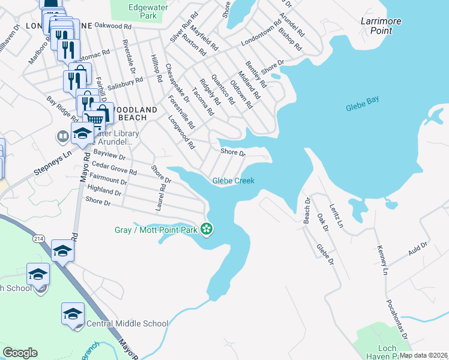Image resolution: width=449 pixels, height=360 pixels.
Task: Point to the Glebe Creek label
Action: [x=234, y=181]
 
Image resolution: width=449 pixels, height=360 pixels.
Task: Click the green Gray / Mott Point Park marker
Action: [x=206, y=229]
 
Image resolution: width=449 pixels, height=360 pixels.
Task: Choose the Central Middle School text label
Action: [x=127, y=323]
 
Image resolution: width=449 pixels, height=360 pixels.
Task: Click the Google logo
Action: [x=20, y=353]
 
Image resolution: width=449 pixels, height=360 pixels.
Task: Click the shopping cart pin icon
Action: [x=92, y=119]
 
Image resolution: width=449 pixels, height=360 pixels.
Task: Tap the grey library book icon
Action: [x=62, y=137]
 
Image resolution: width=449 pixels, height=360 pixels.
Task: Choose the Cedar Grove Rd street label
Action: [x=114, y=170]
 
